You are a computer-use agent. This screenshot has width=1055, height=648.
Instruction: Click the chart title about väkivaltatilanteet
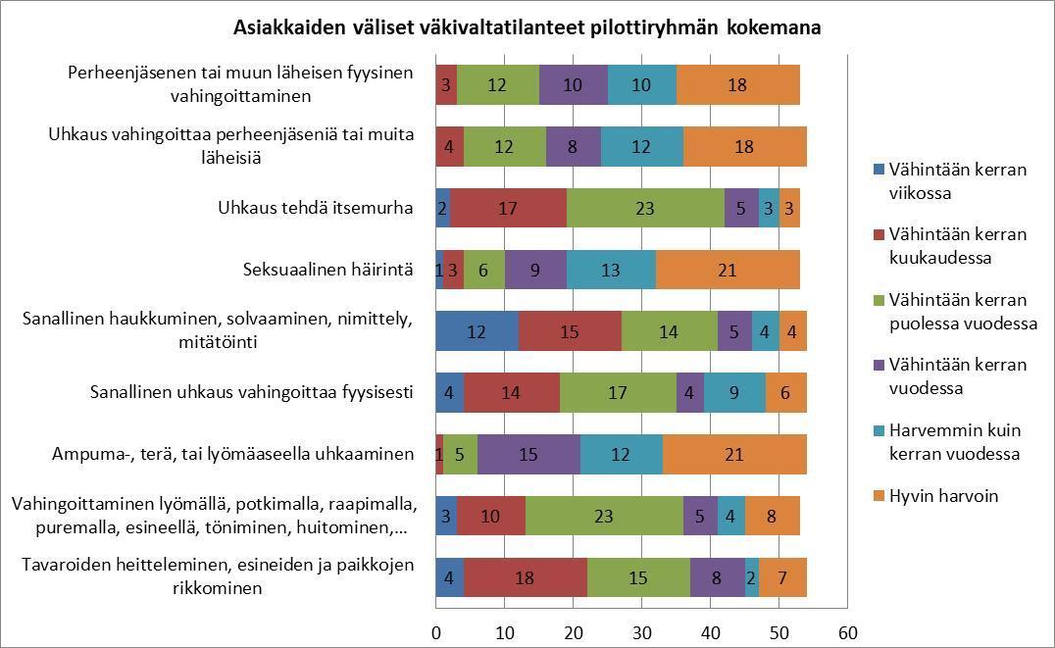[527, 28]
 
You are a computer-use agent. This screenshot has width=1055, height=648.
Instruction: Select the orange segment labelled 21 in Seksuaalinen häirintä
[727, 271]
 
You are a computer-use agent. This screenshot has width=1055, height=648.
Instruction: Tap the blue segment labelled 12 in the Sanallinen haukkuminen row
[477, 331]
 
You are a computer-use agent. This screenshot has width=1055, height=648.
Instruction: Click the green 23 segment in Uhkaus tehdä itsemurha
[646, 208]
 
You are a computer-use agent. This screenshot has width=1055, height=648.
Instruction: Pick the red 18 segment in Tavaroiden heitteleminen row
[525, 577]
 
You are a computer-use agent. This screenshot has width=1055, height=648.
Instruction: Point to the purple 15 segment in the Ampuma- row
[528, 455]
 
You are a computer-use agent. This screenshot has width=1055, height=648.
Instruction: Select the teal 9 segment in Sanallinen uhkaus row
[734, 393]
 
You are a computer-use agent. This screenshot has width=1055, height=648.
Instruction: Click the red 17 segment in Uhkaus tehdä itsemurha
[508, 208]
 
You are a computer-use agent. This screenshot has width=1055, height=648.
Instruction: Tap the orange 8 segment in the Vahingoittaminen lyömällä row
[773, 517]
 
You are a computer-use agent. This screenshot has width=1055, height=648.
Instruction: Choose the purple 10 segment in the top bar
[574, 84]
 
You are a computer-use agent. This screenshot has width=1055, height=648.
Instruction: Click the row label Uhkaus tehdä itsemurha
[315, 208]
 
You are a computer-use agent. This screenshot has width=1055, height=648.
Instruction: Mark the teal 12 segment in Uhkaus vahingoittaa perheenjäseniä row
[641, 146]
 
